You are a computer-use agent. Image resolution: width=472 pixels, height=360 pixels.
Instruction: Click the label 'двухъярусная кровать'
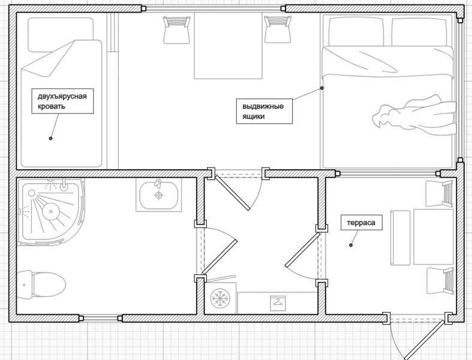(62, 101)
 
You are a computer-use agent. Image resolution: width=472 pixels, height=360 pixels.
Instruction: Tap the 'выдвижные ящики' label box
(264, 111)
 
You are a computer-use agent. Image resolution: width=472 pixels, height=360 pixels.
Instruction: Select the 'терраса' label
(361, 223)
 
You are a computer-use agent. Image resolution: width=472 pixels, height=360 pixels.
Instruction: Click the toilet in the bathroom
(41, 284)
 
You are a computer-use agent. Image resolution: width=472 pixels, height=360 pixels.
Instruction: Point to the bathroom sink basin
(159, 195)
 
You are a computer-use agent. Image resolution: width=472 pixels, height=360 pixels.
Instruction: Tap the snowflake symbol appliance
(220, 299)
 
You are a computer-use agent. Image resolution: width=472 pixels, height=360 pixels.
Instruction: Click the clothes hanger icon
(278, 304)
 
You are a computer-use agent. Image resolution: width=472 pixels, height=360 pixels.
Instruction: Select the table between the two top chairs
(228, 46)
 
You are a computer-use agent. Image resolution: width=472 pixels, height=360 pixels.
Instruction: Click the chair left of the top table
(177, 30)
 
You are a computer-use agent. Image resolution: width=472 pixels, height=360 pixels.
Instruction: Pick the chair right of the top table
(278, 29)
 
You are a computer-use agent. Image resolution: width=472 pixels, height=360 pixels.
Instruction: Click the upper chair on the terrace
(440, 194)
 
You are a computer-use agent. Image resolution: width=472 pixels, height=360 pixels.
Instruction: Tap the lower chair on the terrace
(440, 281)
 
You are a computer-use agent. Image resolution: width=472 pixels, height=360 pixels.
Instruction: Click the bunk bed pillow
(61, 35)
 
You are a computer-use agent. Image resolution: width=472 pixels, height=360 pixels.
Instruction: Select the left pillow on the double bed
(356, 32)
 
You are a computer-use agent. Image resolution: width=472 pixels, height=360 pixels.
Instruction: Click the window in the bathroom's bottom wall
(101, 318)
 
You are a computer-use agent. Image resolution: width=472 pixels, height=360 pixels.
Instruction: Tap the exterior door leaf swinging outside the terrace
(424, 340)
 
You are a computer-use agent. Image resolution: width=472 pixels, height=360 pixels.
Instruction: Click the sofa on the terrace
(422, 238)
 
